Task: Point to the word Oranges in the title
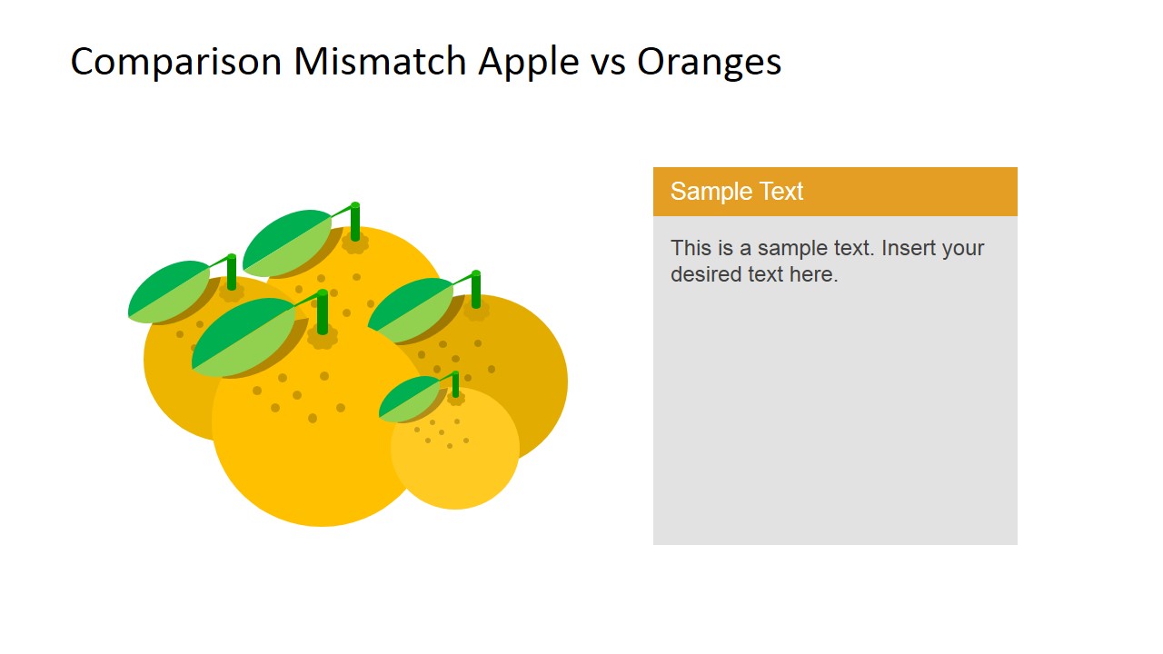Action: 709,62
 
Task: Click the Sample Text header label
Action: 737,192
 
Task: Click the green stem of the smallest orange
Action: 455,384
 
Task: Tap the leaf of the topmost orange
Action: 287,242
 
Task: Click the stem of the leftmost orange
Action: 232,272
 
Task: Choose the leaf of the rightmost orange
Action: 411,309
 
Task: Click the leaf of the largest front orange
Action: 243,336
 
